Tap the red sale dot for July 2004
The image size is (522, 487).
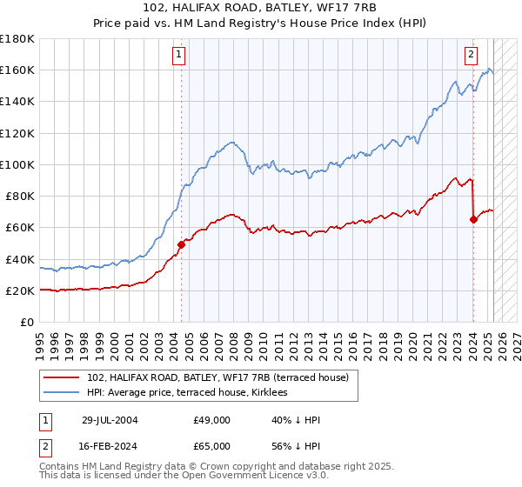(182, 244)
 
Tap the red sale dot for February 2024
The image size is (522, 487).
(473, 219)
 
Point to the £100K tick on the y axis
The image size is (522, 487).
(17, 164)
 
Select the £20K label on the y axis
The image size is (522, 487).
(20, 290)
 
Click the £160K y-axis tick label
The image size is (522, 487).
(17, 70)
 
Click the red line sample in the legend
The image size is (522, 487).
(62, 377)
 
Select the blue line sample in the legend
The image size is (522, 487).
(62, 393)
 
